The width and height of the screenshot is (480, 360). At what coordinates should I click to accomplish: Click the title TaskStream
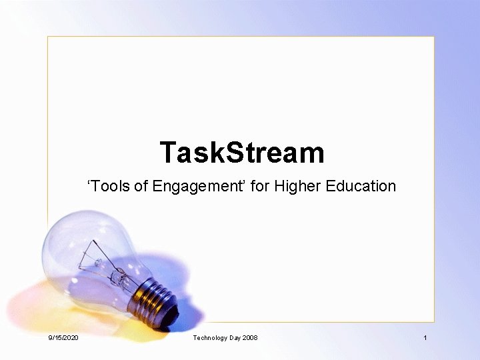coord(242,153)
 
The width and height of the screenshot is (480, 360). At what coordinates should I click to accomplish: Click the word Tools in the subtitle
coord(109,186)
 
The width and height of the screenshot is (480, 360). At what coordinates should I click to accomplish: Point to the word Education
coord(361,186)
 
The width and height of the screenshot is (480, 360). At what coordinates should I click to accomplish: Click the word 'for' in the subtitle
coord(260,186)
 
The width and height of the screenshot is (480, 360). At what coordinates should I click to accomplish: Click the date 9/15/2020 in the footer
coord(63,338)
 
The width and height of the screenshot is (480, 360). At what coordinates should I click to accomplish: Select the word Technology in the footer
coord(209,338)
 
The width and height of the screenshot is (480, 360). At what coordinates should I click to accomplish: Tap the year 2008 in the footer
coord(250,338)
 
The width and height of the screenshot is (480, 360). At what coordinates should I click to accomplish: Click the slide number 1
coord(425,338)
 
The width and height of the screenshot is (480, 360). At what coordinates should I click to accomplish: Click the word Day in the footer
coord(234,338)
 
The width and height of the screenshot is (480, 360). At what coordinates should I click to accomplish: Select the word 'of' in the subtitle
coord(141,186)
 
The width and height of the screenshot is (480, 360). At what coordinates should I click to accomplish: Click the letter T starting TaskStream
coord(169,153)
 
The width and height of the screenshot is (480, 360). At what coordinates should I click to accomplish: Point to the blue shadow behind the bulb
coord(160,267)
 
